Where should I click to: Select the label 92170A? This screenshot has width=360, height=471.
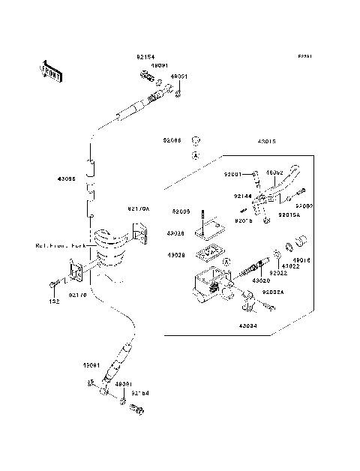[x=139, y=210]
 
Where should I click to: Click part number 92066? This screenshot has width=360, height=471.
[x=173, y=139]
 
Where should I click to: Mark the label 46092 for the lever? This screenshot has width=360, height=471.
[x=274, y=172]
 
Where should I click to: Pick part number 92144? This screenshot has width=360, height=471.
[x=241, y=196]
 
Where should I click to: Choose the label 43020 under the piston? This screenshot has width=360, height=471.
[x=261, y=280]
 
